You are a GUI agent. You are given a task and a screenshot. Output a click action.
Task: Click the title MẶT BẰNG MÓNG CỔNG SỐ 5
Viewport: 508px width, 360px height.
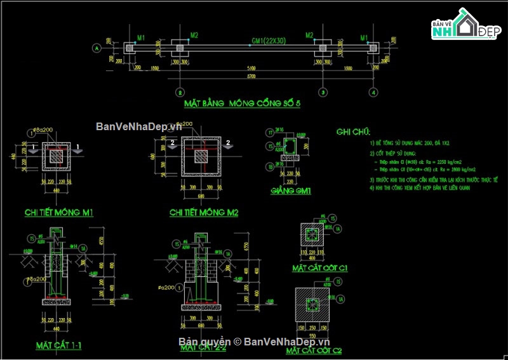tap(241, 103)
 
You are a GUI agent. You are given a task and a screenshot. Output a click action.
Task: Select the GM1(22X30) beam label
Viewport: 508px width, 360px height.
tap(267, 41)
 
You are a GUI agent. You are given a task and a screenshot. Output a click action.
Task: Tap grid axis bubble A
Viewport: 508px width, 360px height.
tap(97, 48)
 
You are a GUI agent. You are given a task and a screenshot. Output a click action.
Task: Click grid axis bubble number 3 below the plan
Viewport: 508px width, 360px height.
tap(323, 92)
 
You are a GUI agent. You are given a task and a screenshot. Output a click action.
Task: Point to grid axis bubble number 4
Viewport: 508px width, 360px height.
tap(373, 92)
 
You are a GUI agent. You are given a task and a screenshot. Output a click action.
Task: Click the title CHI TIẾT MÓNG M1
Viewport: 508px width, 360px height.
tap(59, 213)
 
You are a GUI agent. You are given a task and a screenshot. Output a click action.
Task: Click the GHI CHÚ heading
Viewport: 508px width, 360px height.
tap(353, 132)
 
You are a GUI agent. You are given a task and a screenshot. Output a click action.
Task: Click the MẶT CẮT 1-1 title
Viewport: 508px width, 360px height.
tap(59, 345)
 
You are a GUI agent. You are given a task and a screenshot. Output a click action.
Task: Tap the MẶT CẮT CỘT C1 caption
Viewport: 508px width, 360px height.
tap(320, 268)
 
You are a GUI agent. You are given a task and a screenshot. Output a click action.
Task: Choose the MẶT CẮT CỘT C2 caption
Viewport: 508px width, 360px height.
tap(314, 350)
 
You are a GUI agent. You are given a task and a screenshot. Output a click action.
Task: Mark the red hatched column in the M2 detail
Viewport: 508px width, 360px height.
tap(201, 155)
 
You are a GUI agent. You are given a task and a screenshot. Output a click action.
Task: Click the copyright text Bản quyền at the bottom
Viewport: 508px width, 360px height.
tap(199, 342)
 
